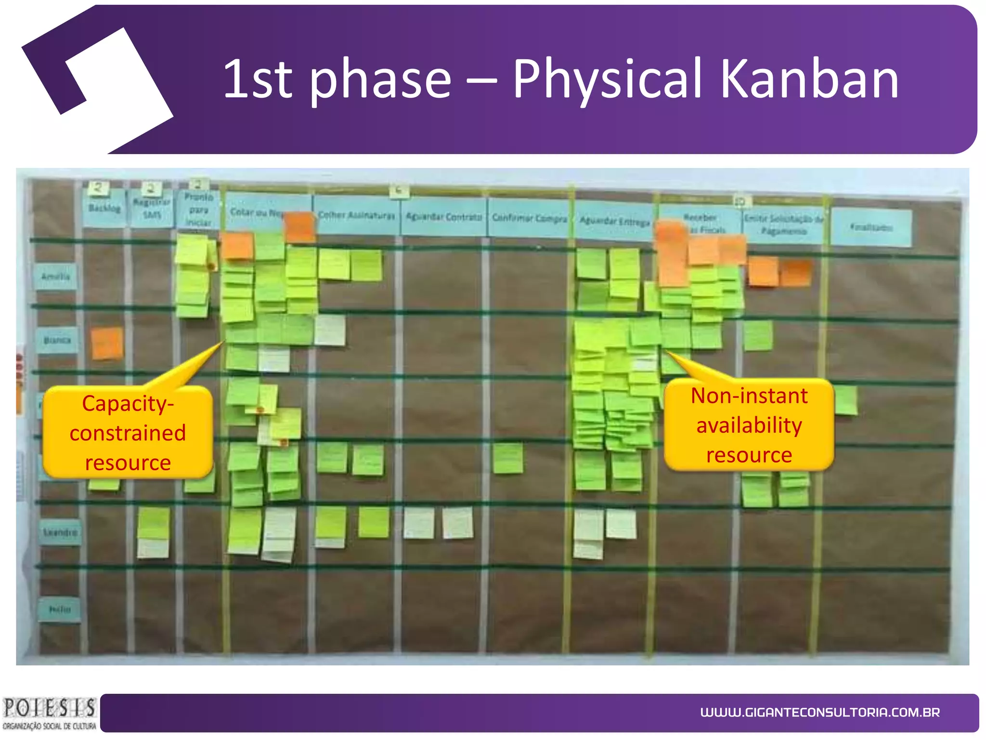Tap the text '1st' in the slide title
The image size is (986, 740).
tap(258, 79)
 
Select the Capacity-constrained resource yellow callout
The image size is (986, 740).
tap(128, 432)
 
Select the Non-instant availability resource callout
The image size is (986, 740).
tap(749, 425)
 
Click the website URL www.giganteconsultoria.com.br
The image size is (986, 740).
tap(819, 712)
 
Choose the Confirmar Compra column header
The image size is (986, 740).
tap(529, 219)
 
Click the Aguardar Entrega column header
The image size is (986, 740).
tap(614, 222)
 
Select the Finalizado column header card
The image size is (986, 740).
tap(871, 227)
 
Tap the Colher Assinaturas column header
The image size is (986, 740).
tap(356, 215)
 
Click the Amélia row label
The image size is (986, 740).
tap(55, 277)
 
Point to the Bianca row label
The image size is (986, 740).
tap(57, 340)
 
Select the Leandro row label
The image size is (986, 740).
tap(60, 532)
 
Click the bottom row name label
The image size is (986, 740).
tap(60, 609)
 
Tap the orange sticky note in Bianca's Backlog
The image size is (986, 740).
tap(106, 343)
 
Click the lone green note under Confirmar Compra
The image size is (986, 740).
tap(507, 458)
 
